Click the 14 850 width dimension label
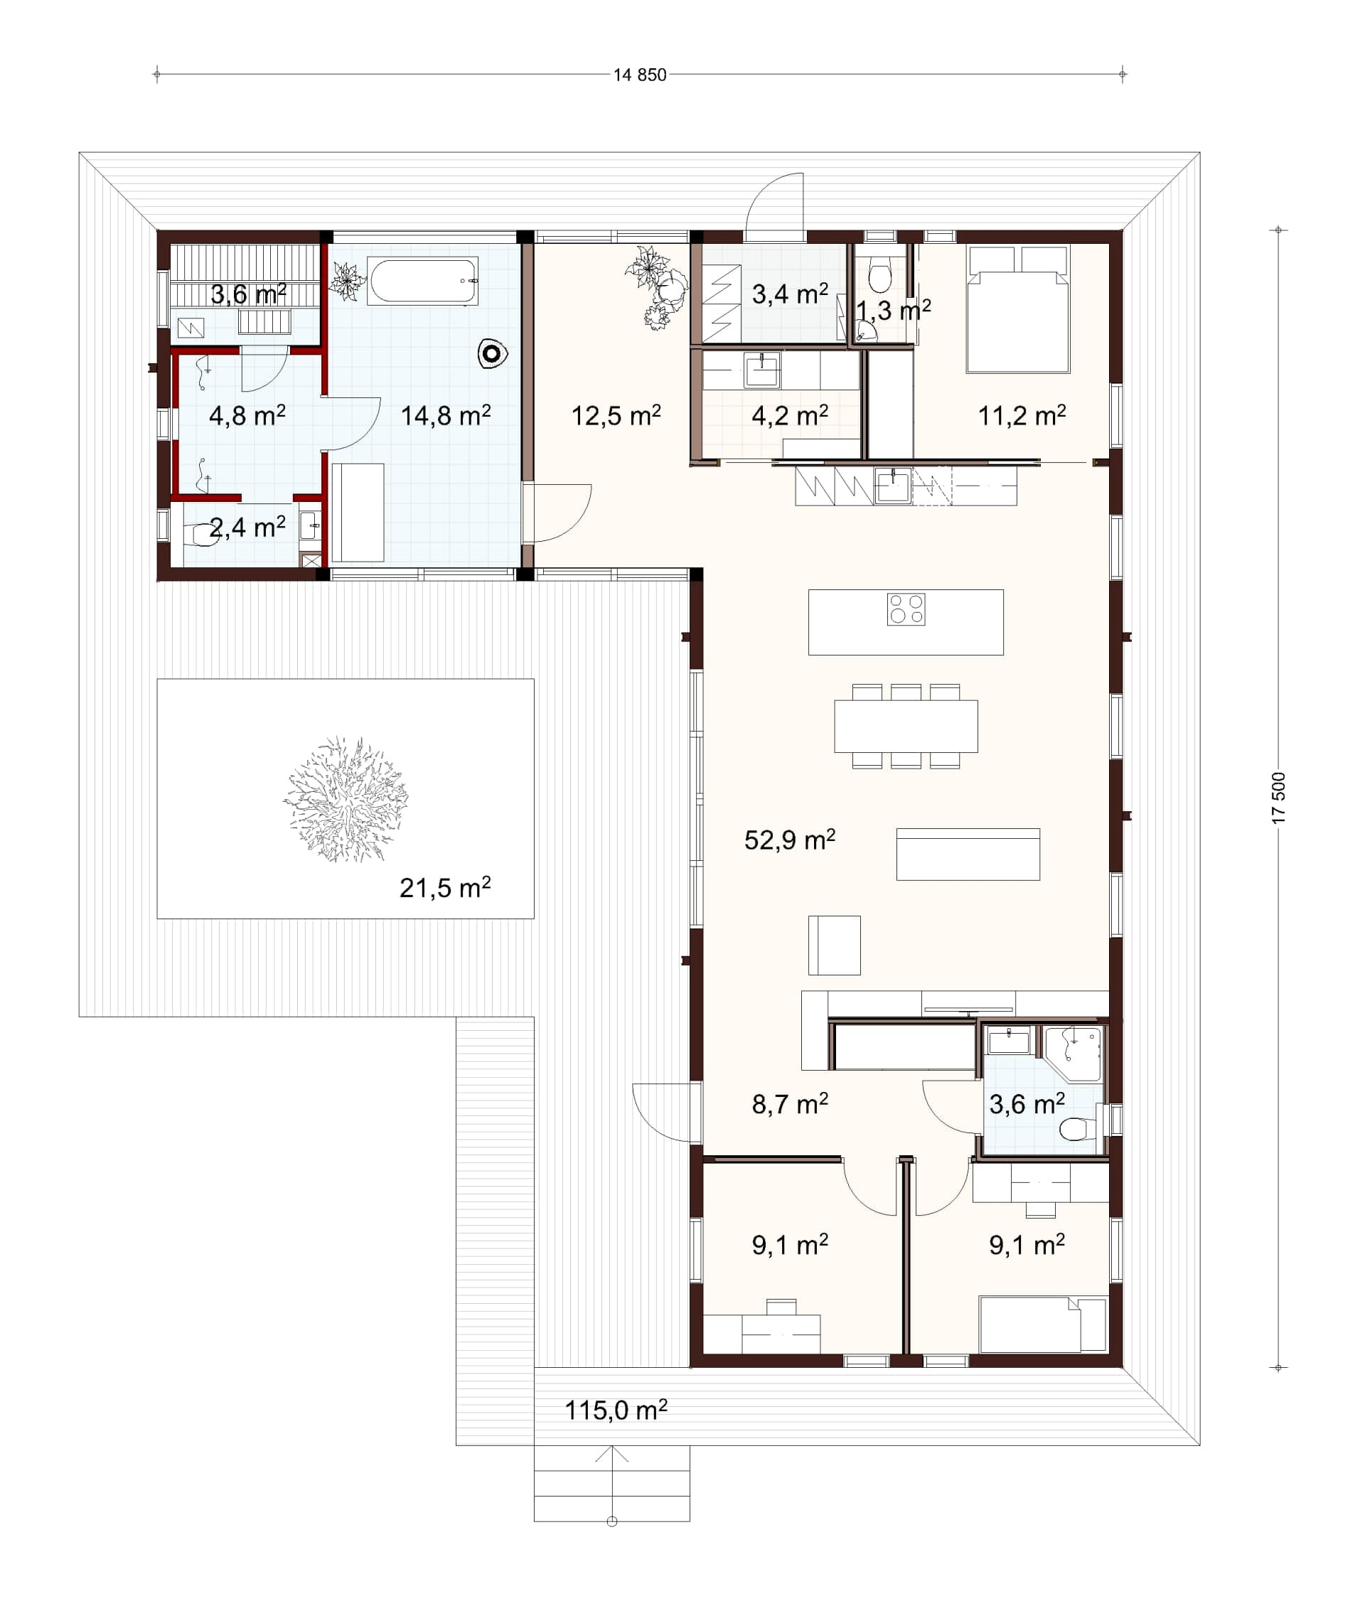point(640,75)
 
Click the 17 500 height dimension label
point(1278,798)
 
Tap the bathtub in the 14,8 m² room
point(422,282)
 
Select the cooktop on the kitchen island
point(906,609)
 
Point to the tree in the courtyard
point(346,799)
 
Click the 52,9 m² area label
point(789,840)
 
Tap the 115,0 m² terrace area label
point(616,1410)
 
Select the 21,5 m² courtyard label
point(445,887)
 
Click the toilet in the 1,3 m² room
point(880,274)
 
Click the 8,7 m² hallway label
point(789,1104)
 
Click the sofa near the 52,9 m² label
point(968,854)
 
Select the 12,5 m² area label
point(616,415)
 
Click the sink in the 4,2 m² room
point(762,370)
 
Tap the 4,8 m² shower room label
point(247,415)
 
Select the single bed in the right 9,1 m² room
point(1042,1324)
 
